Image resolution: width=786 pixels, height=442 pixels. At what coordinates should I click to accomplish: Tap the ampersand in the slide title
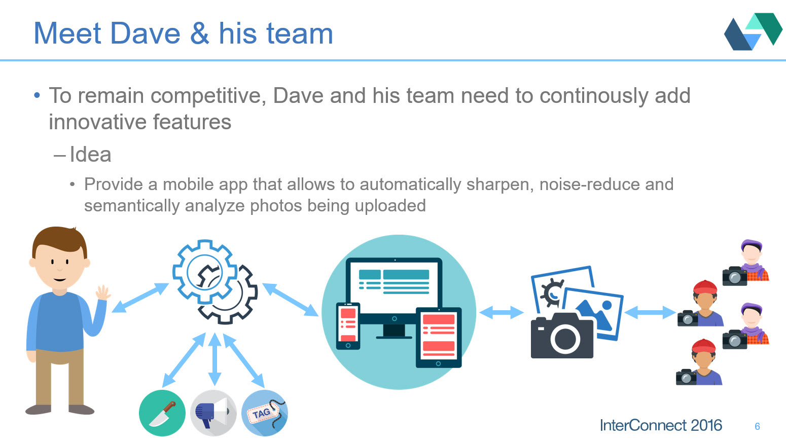(200, 33)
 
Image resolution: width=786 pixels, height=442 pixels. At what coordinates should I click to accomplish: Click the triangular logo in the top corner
(753, 31)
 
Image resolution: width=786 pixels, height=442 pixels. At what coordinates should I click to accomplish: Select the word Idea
(91, 155)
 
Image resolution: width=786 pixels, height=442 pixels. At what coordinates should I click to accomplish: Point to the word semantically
(132, 206)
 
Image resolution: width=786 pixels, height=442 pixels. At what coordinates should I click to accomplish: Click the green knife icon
(162, 413)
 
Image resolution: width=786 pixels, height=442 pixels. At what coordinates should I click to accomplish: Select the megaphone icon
(213, 413)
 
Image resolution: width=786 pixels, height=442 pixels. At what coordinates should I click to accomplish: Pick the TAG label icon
(265, 413)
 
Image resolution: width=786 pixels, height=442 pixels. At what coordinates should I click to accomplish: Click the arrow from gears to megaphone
(215, 359)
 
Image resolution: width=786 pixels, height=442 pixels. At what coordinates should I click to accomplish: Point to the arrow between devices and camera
(502, 312)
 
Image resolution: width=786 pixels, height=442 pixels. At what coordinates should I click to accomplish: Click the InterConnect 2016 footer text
(661, 425)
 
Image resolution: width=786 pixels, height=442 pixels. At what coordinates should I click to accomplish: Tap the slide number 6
(757, 427)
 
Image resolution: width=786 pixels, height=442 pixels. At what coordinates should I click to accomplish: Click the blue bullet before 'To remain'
(37, 95)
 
